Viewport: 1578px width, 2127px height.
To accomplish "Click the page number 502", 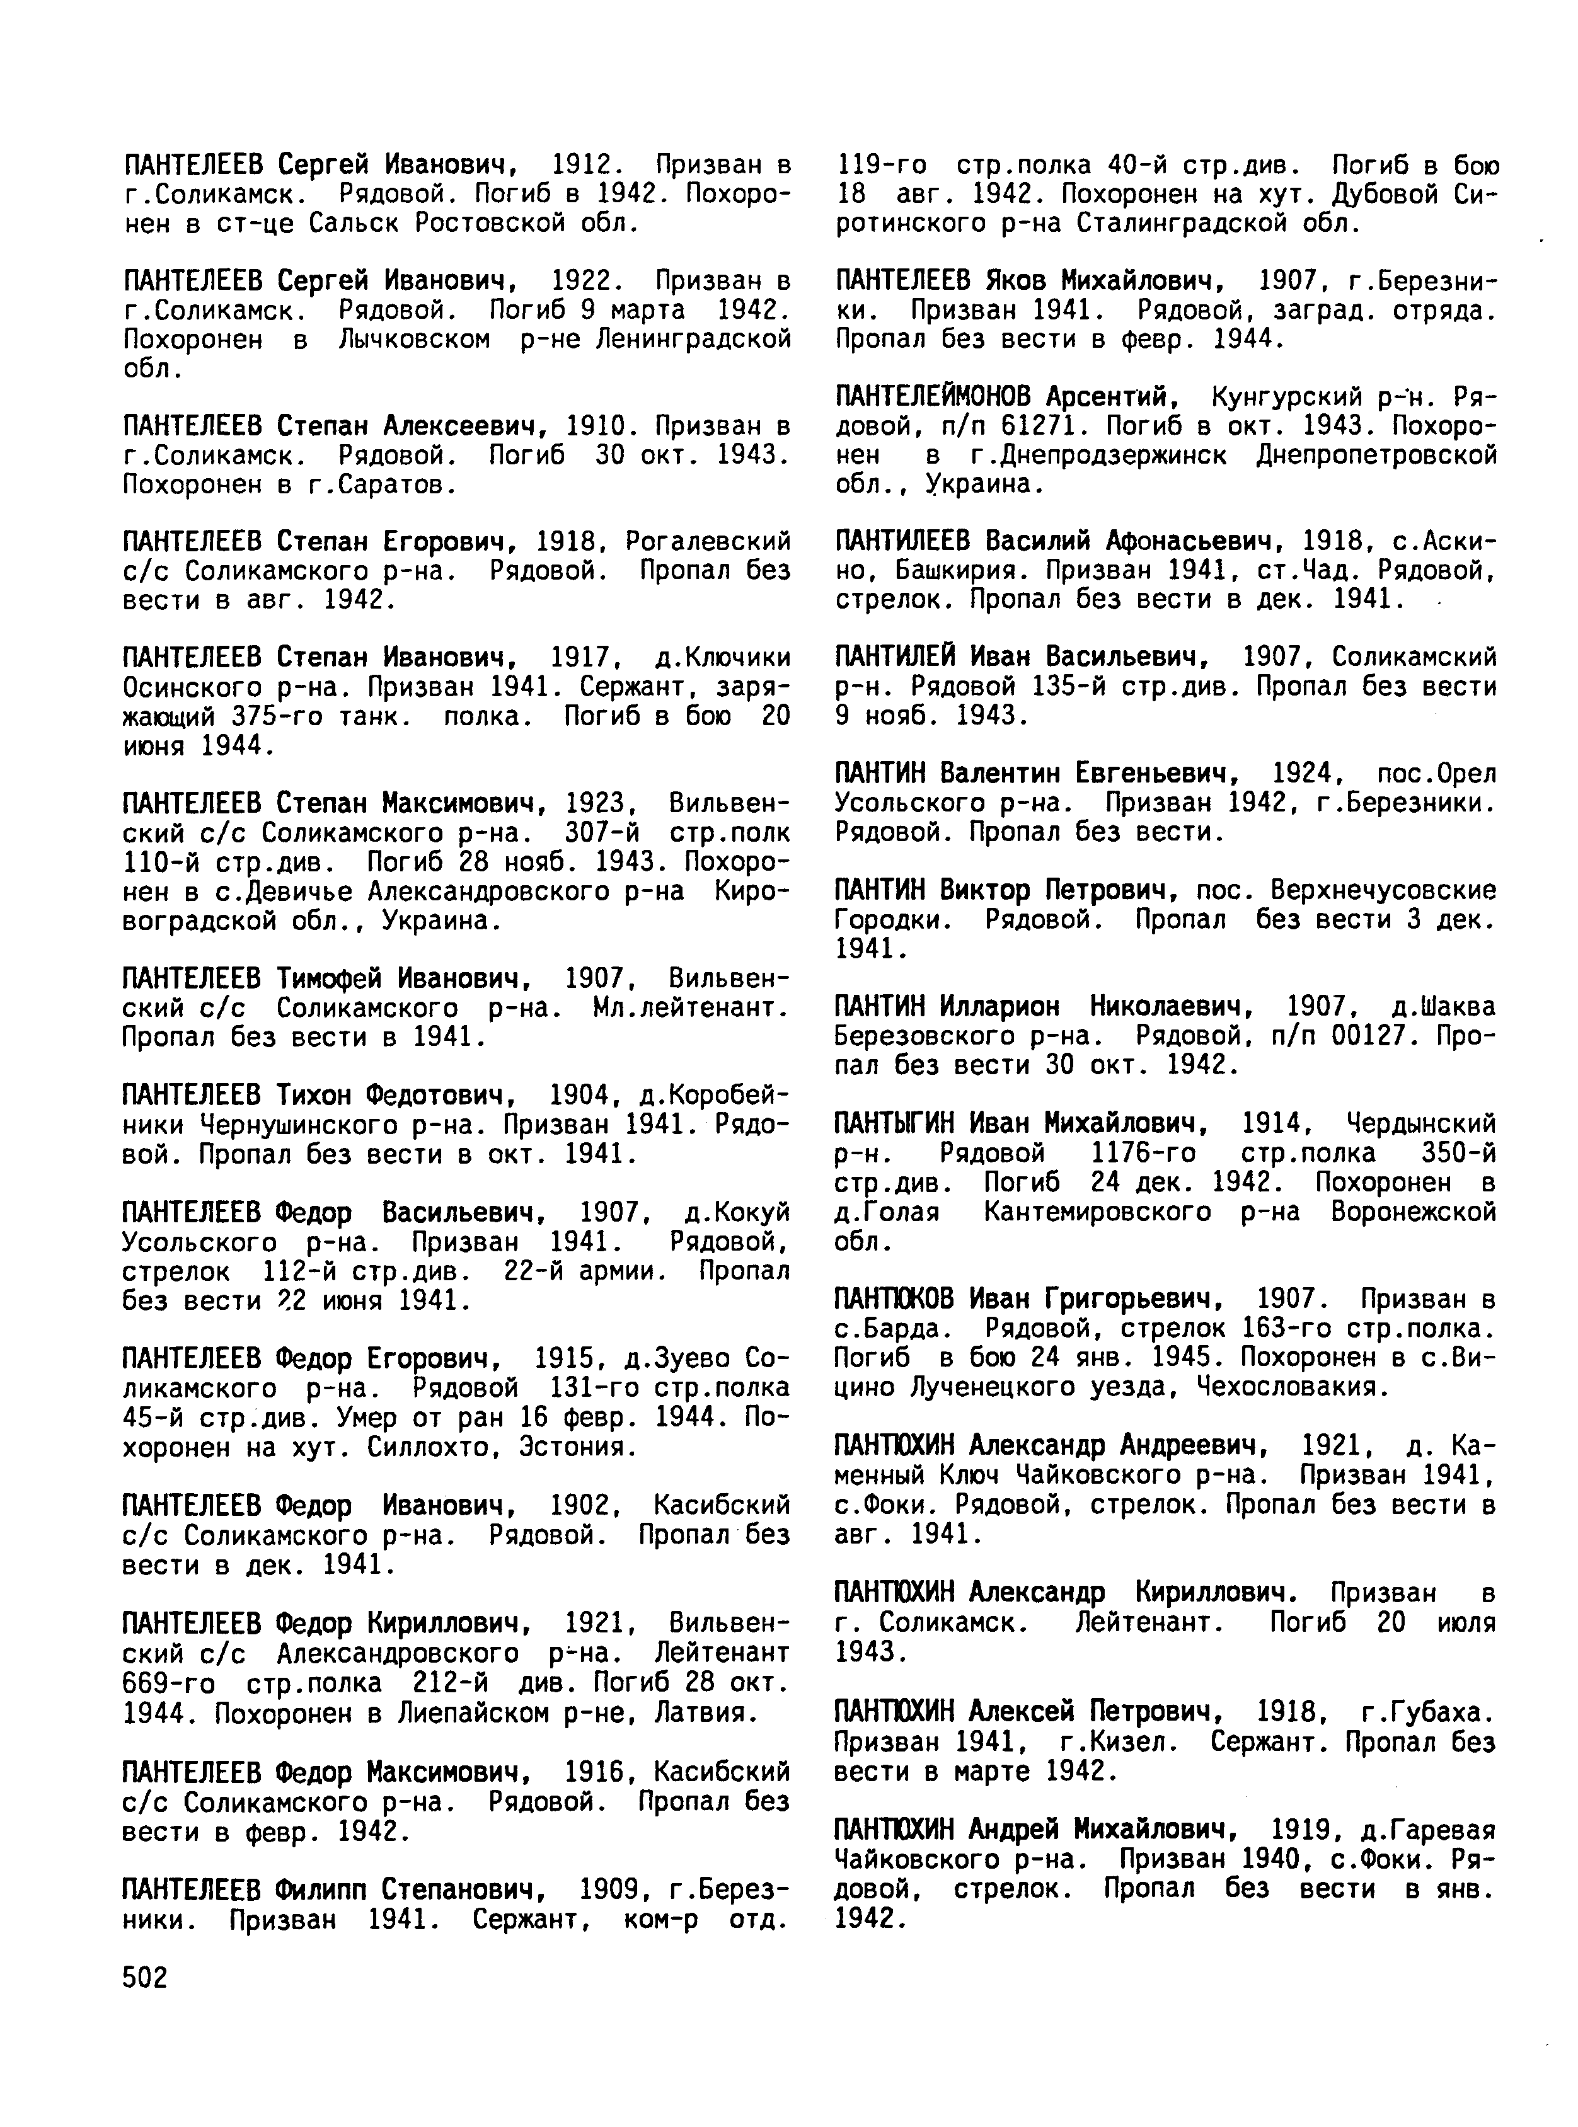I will click(145, 1978).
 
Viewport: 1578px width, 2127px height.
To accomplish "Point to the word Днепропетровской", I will click(1376, 456).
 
